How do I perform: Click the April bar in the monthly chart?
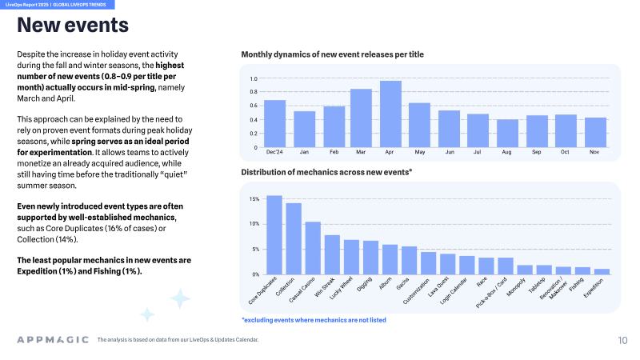click(390, 114)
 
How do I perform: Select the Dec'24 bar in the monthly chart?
click(274, 124)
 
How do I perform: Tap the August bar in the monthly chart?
click(507, 134)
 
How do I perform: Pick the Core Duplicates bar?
click(274, 235)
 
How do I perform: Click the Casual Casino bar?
click(313, 248)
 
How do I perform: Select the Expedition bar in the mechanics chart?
click(602, 272)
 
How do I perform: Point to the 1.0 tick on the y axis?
click(254, 78)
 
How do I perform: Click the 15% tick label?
click(254, 199)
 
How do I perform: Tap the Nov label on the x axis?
click(594, 152)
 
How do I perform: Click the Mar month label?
click(361, 152)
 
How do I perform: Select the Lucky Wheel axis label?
click(341, 288)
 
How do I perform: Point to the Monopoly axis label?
click(516, 287)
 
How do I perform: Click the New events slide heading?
click(73, 25)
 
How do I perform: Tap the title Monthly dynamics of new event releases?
click(332, 54)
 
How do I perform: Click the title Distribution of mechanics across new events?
click(326, 172)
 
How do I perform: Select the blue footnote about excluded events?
click(314, 320)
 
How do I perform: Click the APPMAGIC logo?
click(53, 339)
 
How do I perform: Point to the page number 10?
click(622, 341)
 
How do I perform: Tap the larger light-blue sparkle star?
click(179, 298)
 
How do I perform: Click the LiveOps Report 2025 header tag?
click(55, 5)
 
